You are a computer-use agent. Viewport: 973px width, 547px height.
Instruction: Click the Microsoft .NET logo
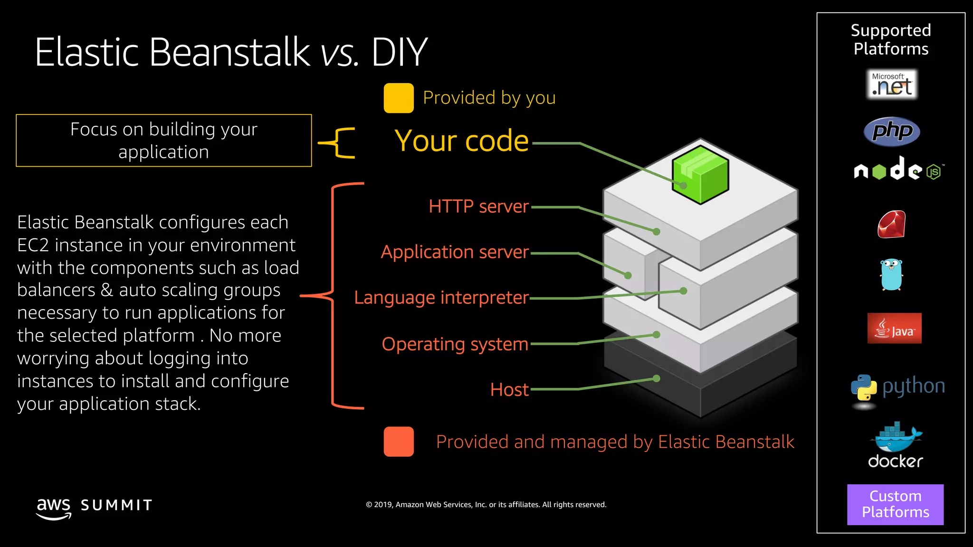pos(892,85)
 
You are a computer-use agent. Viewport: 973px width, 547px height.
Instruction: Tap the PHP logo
pos(892,132)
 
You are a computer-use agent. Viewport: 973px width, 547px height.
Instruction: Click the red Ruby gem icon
pos(892,224)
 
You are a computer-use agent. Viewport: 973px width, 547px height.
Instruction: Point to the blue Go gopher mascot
pos(891,274)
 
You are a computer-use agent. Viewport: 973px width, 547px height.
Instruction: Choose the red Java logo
pos(894,328)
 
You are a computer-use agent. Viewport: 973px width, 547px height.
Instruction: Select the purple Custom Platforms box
pos(895,504)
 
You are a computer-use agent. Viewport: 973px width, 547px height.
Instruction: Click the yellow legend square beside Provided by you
pos(399,98)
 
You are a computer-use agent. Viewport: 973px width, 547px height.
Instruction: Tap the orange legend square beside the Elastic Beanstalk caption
pos(399,442)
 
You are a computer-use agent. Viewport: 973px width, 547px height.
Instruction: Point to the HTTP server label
pos(478,207)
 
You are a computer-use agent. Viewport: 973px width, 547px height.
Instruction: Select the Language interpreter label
pos(441,298)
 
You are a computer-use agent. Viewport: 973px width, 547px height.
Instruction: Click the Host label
pos(509,389)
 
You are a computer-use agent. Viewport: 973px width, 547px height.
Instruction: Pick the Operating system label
pos(455,344)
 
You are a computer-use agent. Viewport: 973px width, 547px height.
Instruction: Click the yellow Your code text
pos(461,141)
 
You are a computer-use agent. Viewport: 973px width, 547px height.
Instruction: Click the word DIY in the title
pos(399,52)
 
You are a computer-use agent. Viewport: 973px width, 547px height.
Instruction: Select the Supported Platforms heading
pos(891,39)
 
